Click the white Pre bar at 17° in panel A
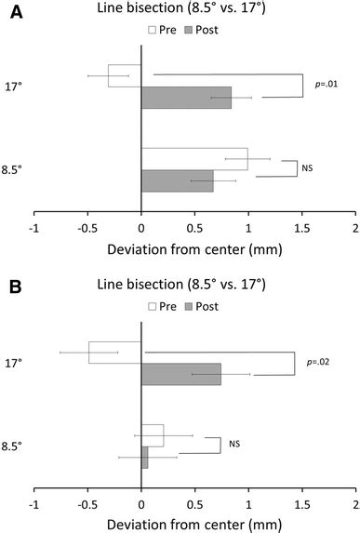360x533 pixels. pos(125,75)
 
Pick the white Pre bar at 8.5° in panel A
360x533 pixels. pos(194,158)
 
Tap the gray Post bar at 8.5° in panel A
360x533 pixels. pos(177,181)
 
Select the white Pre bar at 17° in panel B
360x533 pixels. pos(115,353)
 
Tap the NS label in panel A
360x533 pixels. pos(308,169)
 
